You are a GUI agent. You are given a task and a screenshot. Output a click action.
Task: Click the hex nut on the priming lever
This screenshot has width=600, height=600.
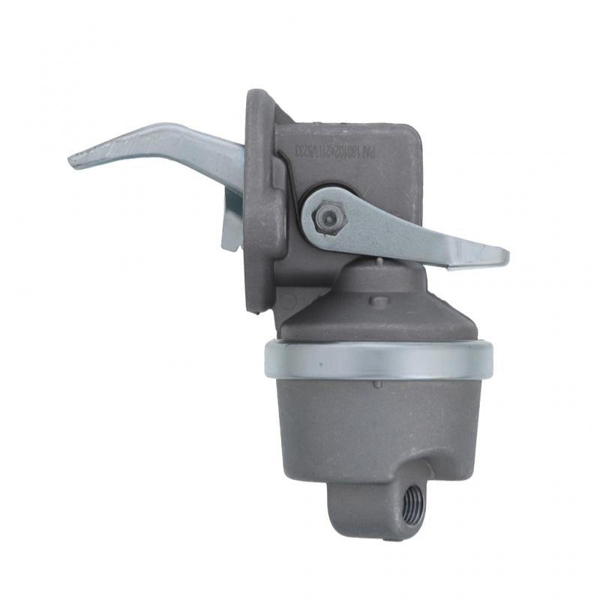(327, 217)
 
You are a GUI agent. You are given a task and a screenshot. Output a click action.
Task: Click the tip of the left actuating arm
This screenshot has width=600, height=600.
(75, 160)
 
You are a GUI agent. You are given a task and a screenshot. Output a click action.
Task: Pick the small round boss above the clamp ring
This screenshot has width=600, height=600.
(381, 301)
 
